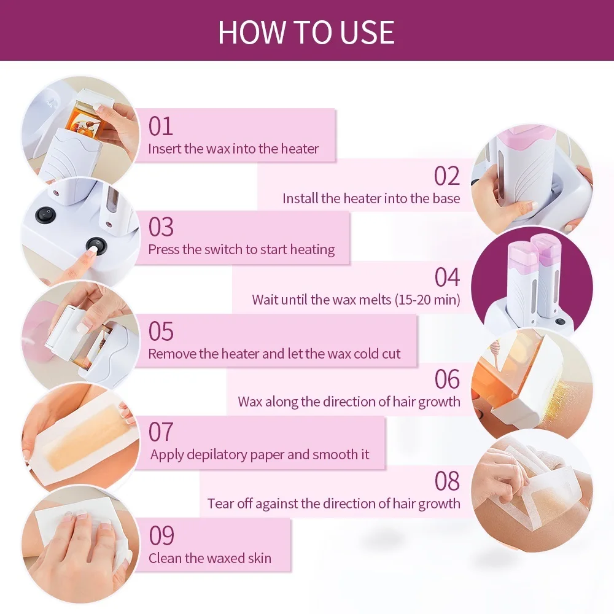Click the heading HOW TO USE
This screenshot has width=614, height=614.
(306, 32)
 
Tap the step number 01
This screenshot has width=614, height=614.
(161, 126)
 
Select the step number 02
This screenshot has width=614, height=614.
(446, 176)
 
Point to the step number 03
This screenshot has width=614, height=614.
(161, 227)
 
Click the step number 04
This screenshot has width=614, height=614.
(446, 278)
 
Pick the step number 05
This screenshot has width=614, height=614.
(161, 332)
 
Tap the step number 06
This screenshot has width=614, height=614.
(446, 379)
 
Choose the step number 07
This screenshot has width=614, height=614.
(161, 432)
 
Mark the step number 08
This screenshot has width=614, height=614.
(446, 481)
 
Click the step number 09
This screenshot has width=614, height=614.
(161, 535)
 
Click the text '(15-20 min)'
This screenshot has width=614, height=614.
(427, 300)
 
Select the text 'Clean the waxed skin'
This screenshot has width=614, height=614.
(209, 558)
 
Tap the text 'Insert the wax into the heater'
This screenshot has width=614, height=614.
(233, 149)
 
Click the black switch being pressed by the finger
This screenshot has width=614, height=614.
(95, 246)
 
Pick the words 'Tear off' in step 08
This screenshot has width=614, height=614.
(230, 504)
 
